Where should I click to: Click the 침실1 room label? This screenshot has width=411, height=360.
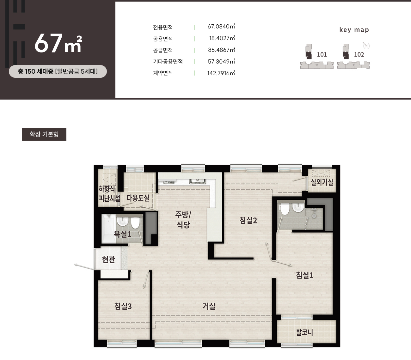point(304,275)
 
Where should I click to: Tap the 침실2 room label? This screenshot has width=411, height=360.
point(248,220)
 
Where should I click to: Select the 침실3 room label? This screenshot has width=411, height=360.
point(123,306)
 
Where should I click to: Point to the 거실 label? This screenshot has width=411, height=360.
point(209,306)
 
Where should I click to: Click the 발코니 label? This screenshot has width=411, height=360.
point(304,333)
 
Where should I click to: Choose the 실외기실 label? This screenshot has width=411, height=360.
point(322,182)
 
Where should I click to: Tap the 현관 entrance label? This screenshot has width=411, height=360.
point(108,259)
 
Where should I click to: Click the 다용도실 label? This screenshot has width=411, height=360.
point(138,198)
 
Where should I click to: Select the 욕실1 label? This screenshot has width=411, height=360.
point(122,234)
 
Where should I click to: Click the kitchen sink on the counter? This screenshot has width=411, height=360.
point(197,181)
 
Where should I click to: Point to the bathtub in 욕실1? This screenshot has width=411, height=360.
point(109,229)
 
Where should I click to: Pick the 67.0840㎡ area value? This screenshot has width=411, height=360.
point(221,27)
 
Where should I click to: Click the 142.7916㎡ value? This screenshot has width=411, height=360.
point(221,73)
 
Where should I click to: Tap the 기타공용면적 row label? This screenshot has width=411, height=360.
point(168,61)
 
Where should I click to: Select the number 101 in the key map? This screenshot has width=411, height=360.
point(322,55)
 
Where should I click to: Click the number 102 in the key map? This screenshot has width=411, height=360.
point(359,55)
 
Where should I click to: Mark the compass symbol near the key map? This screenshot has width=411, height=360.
point(366,46)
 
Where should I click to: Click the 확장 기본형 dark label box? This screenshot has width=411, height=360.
point(44,134)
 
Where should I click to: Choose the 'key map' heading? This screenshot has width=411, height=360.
point(354,30)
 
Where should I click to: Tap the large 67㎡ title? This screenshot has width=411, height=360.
point(58,43)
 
